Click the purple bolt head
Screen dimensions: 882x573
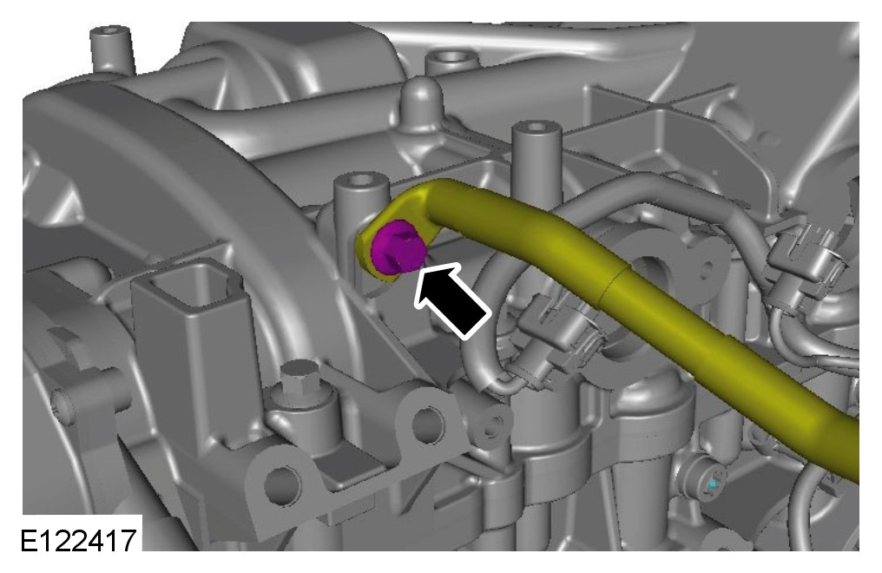[397, 248]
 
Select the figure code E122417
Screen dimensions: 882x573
[78, 541]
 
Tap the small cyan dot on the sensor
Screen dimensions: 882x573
[714, 484]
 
